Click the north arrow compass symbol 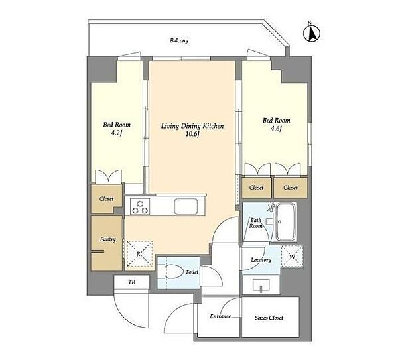tap(312, 32)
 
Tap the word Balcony tap(179, 40)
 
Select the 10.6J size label tap(192, 134)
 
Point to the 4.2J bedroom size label tap(117, 133)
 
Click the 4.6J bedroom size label tap(276, 129)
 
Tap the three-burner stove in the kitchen tap(140, 207)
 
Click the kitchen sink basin tap(186, 207)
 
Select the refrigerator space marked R tap(139, 254)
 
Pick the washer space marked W tap(292, 256)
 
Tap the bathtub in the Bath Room tap(286, 221)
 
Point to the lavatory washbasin tap(261, 284)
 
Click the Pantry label tap(108, 239)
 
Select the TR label tap(132, 282)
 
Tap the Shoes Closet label tap(269, 318)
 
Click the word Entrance tap(220, 316)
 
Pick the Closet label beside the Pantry tap(106, 199)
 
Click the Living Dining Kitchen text tap(192, 126)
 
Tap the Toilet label tap(192, 272)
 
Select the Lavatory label tap(261, 260)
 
